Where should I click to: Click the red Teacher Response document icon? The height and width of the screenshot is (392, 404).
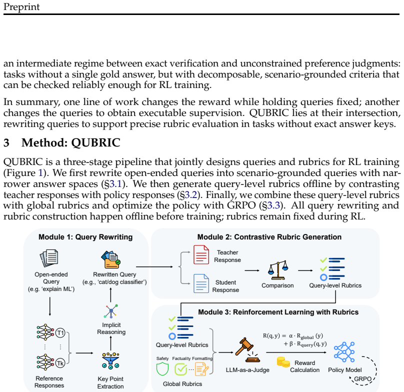(x=201, y=254)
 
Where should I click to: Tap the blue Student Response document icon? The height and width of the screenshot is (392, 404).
(x=201, y=283)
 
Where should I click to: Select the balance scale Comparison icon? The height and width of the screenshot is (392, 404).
(x=278, y=270)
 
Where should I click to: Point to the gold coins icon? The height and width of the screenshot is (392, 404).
(x=283, y=362)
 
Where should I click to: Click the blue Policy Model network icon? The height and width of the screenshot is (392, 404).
(x=344, y=352)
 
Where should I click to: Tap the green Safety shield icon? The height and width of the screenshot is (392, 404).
(x=162, y=369)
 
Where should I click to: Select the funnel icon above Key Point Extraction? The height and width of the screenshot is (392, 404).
(x=110, y=361)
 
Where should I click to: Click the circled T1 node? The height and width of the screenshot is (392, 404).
(x=60, y=332)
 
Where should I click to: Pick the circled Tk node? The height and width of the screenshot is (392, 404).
(x=60, y=363)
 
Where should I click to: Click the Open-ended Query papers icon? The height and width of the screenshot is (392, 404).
(x=49, y=258)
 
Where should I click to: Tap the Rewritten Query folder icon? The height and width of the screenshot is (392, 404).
(x=111, y=260)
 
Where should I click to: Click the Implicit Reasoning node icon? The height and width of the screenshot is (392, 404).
(x=111, y=311)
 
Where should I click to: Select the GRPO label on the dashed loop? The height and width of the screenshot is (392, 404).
(x=363, y=379)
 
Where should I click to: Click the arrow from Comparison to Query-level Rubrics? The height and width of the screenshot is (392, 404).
(x=305, y=270)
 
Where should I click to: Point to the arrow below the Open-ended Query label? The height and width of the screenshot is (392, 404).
(x=49, y=306)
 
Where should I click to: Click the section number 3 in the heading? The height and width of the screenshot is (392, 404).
(x=6, y=143)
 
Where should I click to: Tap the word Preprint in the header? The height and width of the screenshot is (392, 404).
(x=21, y=7)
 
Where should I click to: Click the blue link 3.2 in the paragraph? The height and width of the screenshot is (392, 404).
(x=191, y=195)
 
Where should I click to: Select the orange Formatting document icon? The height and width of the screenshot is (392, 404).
(x=201, y=369)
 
